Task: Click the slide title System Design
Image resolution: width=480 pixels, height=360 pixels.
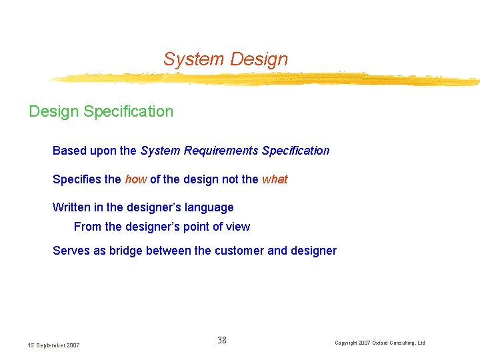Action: tap(225, 59)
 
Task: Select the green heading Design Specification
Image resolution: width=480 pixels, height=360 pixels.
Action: tap(101, 111)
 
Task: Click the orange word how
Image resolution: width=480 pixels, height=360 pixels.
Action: tap(135, 179)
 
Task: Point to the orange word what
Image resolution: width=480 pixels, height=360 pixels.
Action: tap(275, 179)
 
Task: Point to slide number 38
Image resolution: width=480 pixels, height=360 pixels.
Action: tap(222, 340)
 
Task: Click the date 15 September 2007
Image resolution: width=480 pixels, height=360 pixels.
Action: tap(53, 345)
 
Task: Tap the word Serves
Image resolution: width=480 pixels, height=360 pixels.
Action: tap(69, 251)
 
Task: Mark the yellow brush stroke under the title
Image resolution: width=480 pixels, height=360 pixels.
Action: tap(267, 79)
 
